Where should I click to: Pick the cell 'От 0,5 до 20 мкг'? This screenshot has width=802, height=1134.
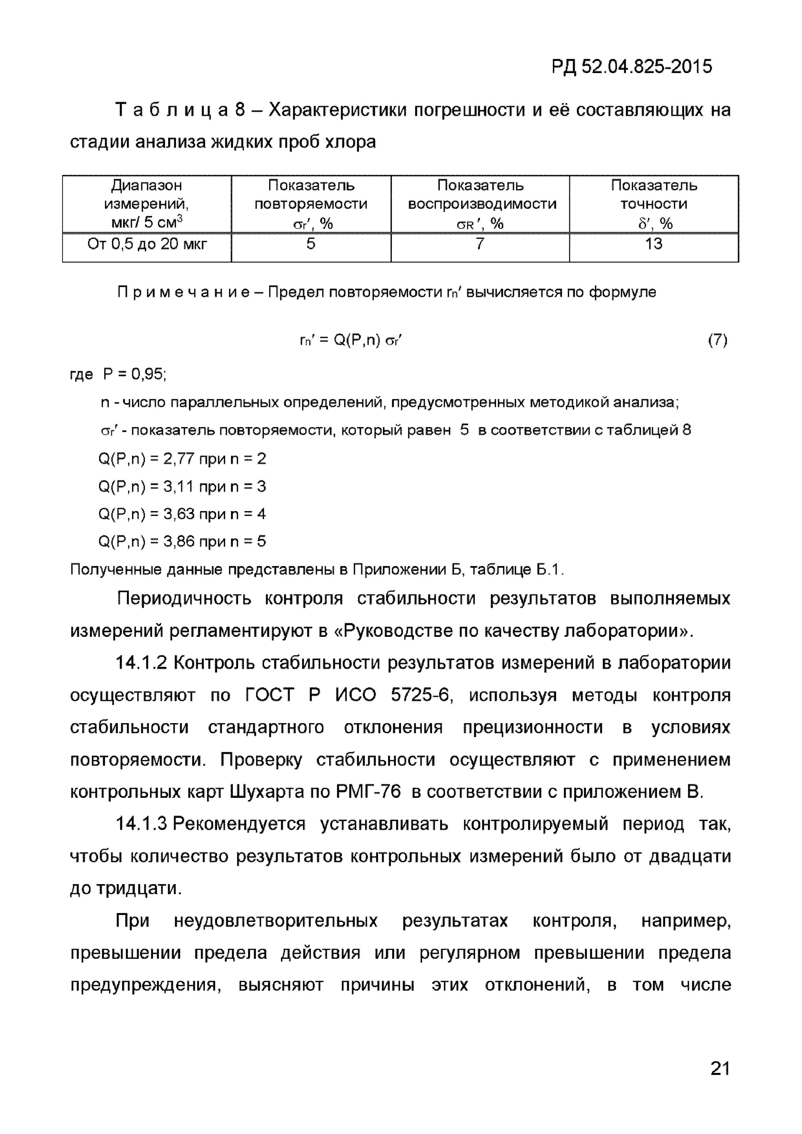pos(147,244)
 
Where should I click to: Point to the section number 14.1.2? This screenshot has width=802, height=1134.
pos(141,663)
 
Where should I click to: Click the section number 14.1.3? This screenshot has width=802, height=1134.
pos(141,824)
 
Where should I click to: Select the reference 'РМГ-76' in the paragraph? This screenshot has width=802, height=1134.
pos(369,792)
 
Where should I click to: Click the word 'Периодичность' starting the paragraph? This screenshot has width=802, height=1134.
pos(184,599)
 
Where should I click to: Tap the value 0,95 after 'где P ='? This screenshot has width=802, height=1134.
pos(148,374)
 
